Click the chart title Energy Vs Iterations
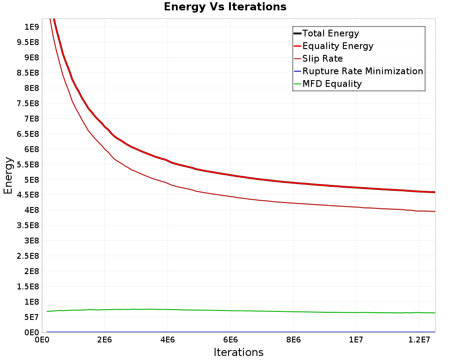click(x=225, y=7)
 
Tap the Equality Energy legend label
click(x=338, y=46)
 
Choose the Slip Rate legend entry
click(x=323, y=58)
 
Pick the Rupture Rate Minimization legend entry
click(x=363, y=71)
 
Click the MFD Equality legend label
click(x=332, y=84)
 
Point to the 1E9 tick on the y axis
click(x=31, y=27)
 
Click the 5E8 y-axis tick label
click(x=31, y=180)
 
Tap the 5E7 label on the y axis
click(x=31, y=317)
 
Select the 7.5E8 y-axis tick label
click(x=28, y=103)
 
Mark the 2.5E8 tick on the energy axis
click(x=28, y=256)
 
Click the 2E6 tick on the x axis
click(x=104, y=340)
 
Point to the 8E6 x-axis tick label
click(x=293, y=340)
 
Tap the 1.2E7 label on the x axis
click(x=419, y=340)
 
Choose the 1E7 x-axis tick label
click(x=356, y=340)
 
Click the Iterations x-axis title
click(x=238, y=352)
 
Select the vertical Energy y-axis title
click(x=8, y=175)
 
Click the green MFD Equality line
click(x=241, y=310)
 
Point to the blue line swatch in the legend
click(x=297, y=71)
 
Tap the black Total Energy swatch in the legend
click(x=297, y=33)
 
